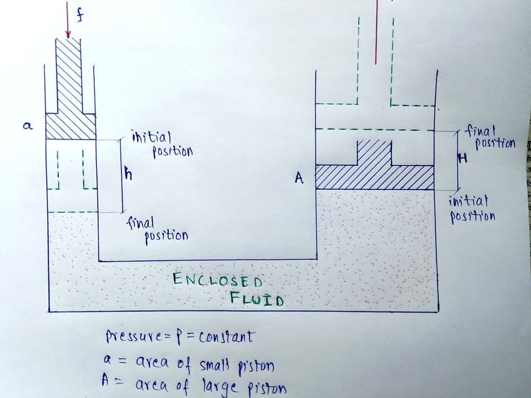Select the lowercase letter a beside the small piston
28,126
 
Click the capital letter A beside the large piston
299,178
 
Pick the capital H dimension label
463,159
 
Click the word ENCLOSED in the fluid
217,281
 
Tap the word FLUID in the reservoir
257,299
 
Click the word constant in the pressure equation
225,337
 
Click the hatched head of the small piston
70,126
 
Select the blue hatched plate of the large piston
374,177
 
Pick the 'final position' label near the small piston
158,229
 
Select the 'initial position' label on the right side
472,209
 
